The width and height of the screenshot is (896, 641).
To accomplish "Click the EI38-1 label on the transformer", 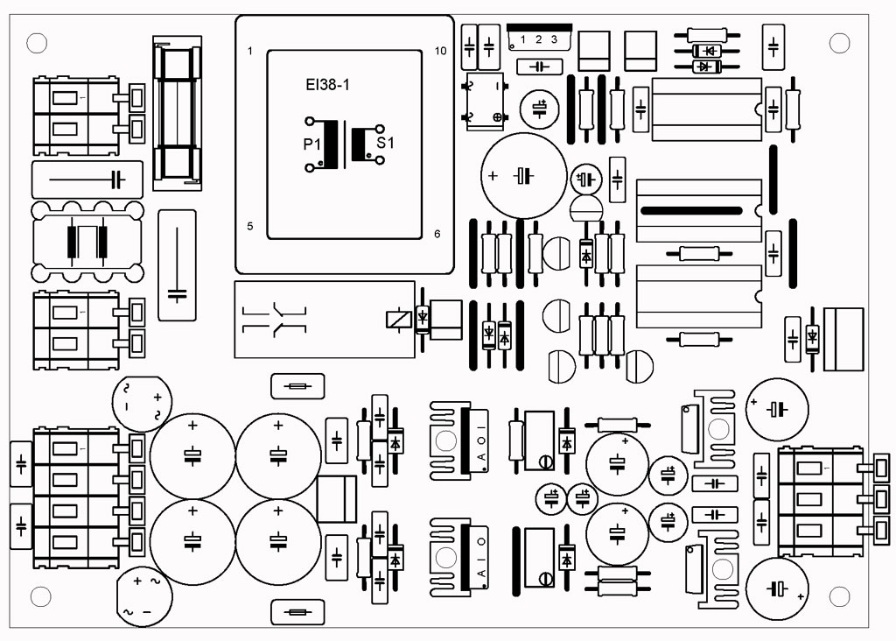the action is [x=327, y=85].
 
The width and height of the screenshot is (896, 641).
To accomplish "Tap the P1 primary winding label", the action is [x=312, y=144].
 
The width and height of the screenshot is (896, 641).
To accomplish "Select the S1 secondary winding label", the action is [x=385, y=143].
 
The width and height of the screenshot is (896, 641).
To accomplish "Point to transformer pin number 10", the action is [x=440, y=51].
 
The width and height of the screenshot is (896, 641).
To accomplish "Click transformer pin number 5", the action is [x=249, y=227].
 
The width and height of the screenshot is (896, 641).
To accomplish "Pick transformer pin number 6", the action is [x=437, y=234].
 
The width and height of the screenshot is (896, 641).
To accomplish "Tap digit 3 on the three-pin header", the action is [x=554, y=39].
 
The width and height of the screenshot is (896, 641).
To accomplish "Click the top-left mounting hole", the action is [x=37, y=43].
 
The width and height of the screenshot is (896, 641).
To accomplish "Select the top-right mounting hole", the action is [x=839, y=43].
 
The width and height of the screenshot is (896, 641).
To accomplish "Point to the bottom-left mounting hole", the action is [x=40, y=596].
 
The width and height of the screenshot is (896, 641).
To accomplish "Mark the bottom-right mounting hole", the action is [x=839, y=596].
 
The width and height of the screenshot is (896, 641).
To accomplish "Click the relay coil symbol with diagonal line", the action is [x=398, y=319].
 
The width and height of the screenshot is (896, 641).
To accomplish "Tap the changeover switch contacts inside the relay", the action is [x=275, y=320].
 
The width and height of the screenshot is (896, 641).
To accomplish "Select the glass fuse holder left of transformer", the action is [x=177, y=113].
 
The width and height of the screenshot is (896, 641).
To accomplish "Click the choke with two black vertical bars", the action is [x=87, y=242].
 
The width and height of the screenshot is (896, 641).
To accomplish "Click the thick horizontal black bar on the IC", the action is [x=691, y=211].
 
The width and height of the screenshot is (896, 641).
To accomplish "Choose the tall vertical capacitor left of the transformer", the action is [x=177, y=265].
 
